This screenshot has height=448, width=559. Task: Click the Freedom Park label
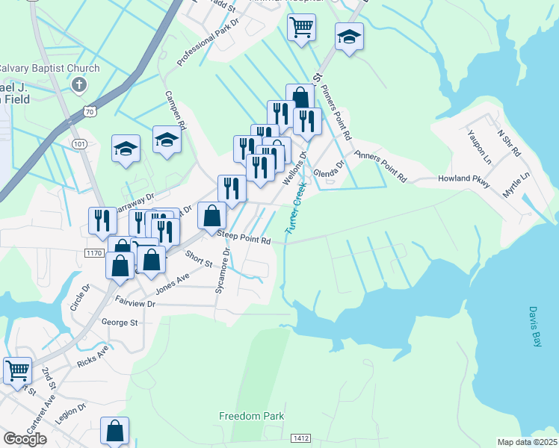252,416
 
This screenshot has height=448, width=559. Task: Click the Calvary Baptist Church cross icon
78,84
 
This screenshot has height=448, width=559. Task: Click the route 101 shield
81,143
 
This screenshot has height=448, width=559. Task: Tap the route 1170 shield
93,253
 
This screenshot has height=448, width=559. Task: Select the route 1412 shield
301,438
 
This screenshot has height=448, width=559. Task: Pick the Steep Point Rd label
243,237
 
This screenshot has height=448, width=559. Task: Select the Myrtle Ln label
516,184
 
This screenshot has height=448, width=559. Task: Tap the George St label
120,323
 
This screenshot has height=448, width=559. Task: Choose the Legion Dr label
72,416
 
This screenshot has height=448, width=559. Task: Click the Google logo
25,439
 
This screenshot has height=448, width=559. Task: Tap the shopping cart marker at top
300,28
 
